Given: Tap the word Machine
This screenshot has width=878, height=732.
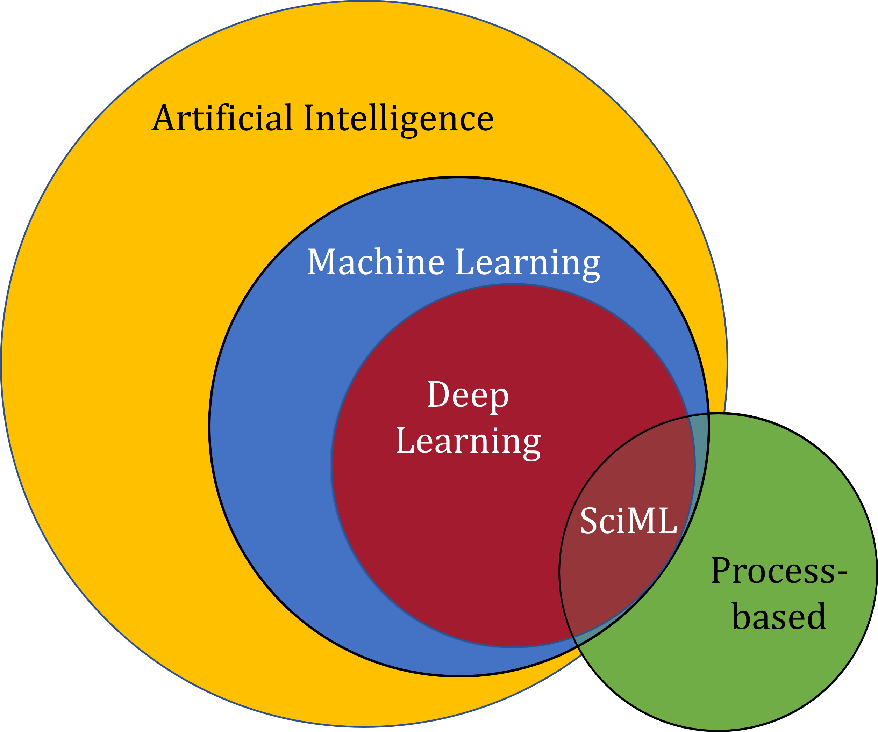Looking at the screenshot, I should pyautogui.click(x=376, y=262).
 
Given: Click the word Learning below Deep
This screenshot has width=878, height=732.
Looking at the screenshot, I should pyautogui.click(x=468, y=442).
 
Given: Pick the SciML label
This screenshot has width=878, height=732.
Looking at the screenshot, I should pyautogui.click(x=628, y=521).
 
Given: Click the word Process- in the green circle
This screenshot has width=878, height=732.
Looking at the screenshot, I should pyautogui.click(x=778, y=572).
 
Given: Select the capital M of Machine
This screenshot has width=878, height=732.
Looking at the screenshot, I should pyautogui.click(x=322, y=262).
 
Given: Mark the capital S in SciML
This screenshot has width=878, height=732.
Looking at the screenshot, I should pyautogui.click(x=590, y=521).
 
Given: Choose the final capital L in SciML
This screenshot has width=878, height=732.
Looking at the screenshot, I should pyautogui.click(x=667, y=521).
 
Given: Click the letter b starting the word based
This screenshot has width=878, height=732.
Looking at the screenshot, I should pyautogui.click(x=742, y=616).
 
